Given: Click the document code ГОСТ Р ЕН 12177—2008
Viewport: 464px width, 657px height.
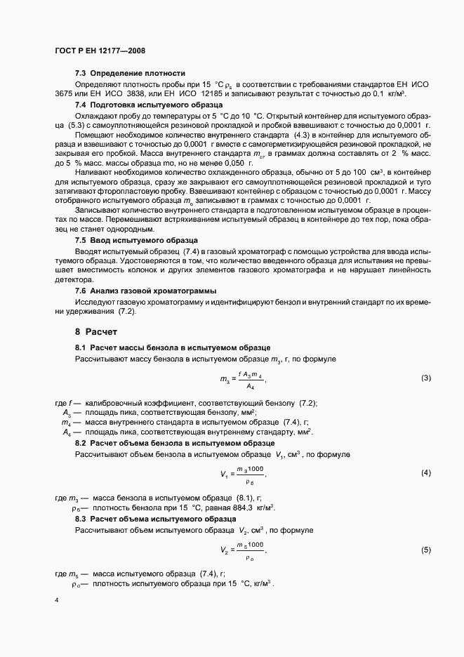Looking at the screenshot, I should (100, 51).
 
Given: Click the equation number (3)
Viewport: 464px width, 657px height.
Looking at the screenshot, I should (425, 379).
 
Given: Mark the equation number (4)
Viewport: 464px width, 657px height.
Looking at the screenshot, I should (425, 474).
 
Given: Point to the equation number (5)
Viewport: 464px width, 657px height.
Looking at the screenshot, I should (425, 550).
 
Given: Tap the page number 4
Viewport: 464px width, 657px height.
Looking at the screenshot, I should (57, 600).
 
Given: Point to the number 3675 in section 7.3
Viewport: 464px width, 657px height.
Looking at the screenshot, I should (65, 94).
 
